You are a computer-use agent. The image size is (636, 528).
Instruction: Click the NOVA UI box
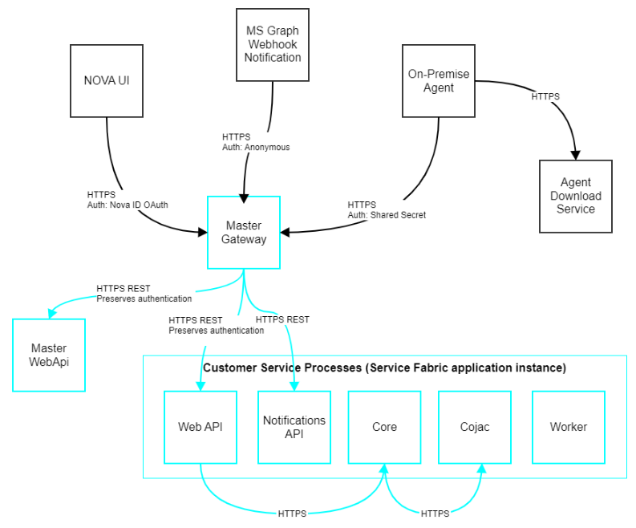pyautogui.click(x=106, y=80)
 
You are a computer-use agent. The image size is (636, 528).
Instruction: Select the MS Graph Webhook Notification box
pyautogui.click(x=273, y=45)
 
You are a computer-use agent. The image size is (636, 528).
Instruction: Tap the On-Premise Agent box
pyautogui.click(x=438, y=80)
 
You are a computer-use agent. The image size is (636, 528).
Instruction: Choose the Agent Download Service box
pyautogui.click(x=575, y=196)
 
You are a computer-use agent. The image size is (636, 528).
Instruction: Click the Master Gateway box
pyautogui.click(x=244, y=232)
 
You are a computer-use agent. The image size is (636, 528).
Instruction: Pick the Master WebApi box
pyautogui.click(x=49, y=355)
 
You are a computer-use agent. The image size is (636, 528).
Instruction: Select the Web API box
pyautogui.click(x=200, y=427)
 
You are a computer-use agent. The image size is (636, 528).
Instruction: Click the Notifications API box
pyautogui.click(x=294, y=427)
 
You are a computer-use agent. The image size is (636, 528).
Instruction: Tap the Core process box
pyautogui.click(x=384, y=427)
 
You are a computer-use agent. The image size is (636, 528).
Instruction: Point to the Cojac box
pyautogui.click(x=475, y=427)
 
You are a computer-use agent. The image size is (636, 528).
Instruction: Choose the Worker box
pyautogui.click(x=568, y=427)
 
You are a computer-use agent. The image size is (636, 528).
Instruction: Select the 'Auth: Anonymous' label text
pyautogui.click(x=256, y=147)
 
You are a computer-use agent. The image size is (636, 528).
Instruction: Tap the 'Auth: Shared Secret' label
pyautogui.click(x=387, y=215)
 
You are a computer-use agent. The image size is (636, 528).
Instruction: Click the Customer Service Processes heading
pyautogui.click(x=384, y=368)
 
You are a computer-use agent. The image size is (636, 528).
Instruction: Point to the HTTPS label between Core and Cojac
pyautogui.click(x=435, y=513)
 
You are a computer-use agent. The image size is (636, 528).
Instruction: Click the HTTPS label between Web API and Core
pyautogui.click(x=292, y=513)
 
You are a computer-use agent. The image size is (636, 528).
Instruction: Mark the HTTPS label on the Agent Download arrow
pyautogui.click(x=545, y=96)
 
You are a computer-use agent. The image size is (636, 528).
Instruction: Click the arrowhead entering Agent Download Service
pyautogui.click(x=575, y=154)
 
